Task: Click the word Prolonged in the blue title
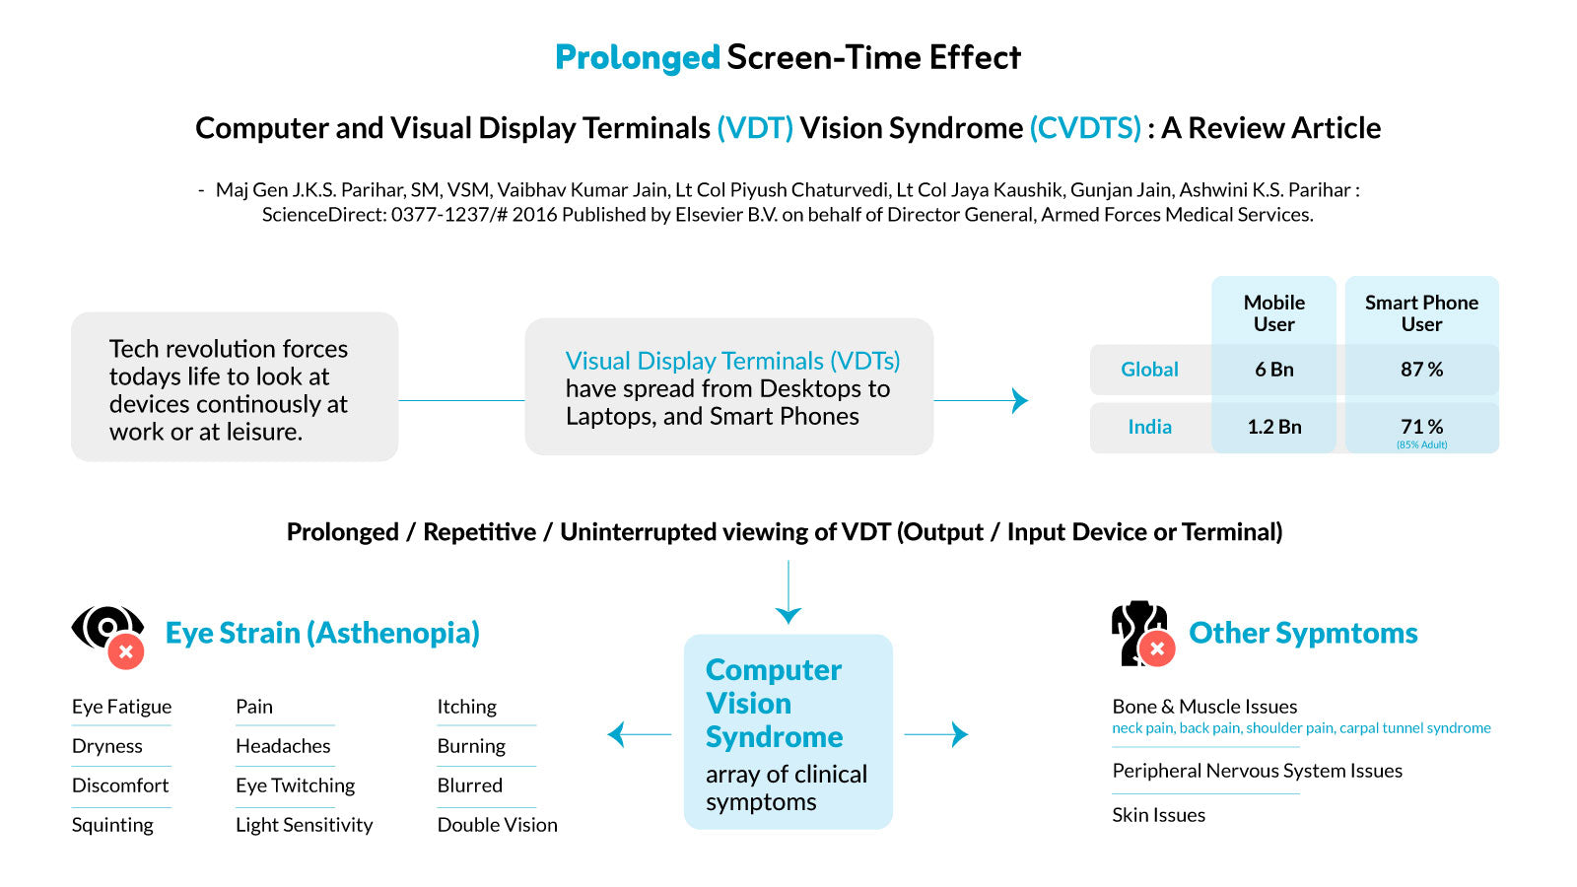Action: pos(637,58)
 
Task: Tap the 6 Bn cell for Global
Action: pos(1273,370)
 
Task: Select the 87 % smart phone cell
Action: pos(1421,370)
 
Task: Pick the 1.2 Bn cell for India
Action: pos(1273,427)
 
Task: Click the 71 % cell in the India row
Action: pos(1421,427)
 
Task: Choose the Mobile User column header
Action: pos(1273,313)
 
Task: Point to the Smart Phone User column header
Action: pos(1421,313)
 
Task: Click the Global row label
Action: pos(1149,370)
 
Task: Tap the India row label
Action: pos(1149,427)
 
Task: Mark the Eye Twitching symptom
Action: pos(295,785)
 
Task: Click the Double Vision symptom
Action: pos(497,825)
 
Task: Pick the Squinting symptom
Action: pos(112,825)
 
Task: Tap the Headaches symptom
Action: pos(283,746)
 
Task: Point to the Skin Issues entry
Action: pos(1159,815)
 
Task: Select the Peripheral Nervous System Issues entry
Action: pos(1258,771)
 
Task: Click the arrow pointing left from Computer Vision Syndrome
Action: pos(640,734)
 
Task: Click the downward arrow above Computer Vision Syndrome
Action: pos(788,592)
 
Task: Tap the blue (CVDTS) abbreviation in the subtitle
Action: pos(1085,128)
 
